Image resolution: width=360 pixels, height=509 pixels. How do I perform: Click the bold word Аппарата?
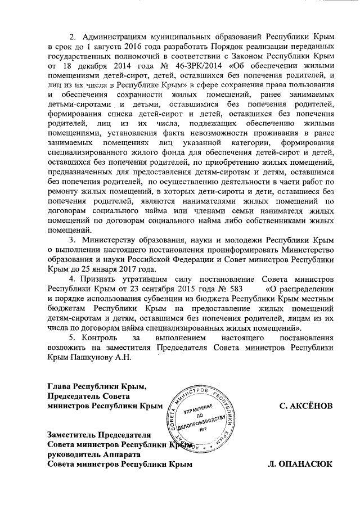(x=122, y=454)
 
